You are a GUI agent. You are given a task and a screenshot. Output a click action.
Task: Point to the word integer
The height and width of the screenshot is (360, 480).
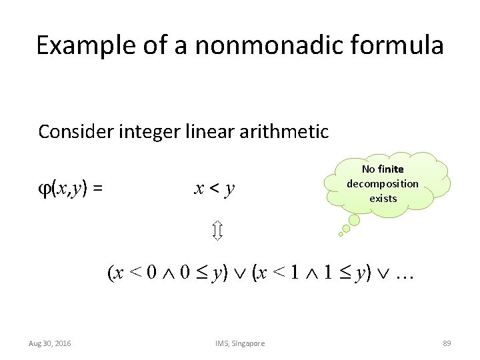(151, 132)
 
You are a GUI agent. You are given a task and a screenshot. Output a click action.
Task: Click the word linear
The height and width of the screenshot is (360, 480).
(213, 132)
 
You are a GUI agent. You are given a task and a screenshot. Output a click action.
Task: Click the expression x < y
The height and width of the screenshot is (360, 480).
(214, 189)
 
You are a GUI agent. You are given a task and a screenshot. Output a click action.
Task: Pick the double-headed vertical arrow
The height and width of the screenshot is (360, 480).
(217, 232)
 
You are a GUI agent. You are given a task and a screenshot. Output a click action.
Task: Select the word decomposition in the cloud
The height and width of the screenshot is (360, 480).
(383, 183)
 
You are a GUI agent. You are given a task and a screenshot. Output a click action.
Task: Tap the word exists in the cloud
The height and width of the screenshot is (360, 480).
(383, 198)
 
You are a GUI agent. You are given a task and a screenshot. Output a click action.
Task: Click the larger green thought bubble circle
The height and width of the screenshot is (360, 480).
(355, 220)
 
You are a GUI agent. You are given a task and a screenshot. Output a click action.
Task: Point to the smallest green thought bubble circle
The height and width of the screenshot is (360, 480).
(341, 234)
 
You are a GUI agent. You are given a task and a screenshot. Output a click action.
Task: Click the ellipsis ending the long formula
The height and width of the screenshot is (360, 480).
(405, 273)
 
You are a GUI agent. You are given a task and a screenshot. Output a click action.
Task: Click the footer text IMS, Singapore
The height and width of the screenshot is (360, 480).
(240, 343)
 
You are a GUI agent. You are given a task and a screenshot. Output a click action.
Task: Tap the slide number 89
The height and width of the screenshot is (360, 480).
(447, 343)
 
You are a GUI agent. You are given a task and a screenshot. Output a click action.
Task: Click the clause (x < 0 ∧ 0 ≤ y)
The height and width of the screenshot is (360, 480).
(168, 273)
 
